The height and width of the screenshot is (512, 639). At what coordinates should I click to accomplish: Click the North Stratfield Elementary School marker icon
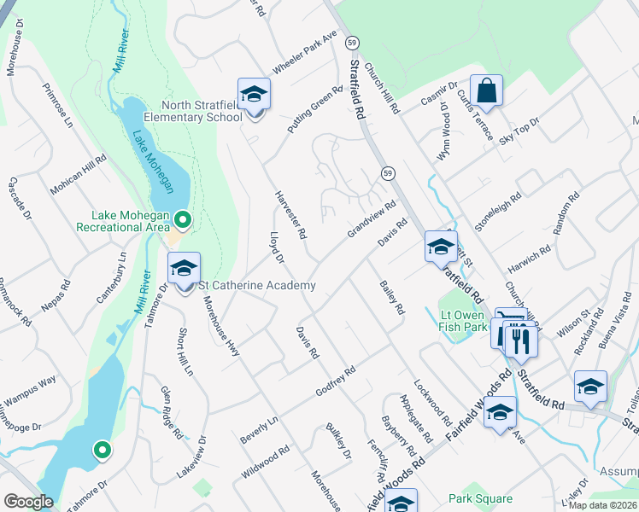coord(254,95)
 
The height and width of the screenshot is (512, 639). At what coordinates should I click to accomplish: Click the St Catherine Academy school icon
coord(184,270)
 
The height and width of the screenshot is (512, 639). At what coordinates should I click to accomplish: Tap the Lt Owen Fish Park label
coord(462,320)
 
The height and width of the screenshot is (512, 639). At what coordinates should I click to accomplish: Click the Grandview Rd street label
coord(372,220)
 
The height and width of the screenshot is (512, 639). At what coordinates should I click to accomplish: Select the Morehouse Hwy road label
coord(220,320)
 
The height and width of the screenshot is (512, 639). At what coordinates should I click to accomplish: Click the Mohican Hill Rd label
coord(79,175)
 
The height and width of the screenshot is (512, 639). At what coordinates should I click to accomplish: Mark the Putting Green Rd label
coord(315,109)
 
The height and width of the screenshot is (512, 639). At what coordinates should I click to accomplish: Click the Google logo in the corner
coord(28,502)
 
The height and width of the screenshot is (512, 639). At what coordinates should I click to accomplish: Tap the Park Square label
coord(481,499)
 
